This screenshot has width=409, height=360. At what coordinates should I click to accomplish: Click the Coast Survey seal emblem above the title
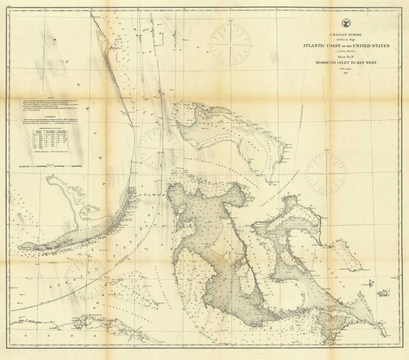pyautogui.click(x=346, y=19)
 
